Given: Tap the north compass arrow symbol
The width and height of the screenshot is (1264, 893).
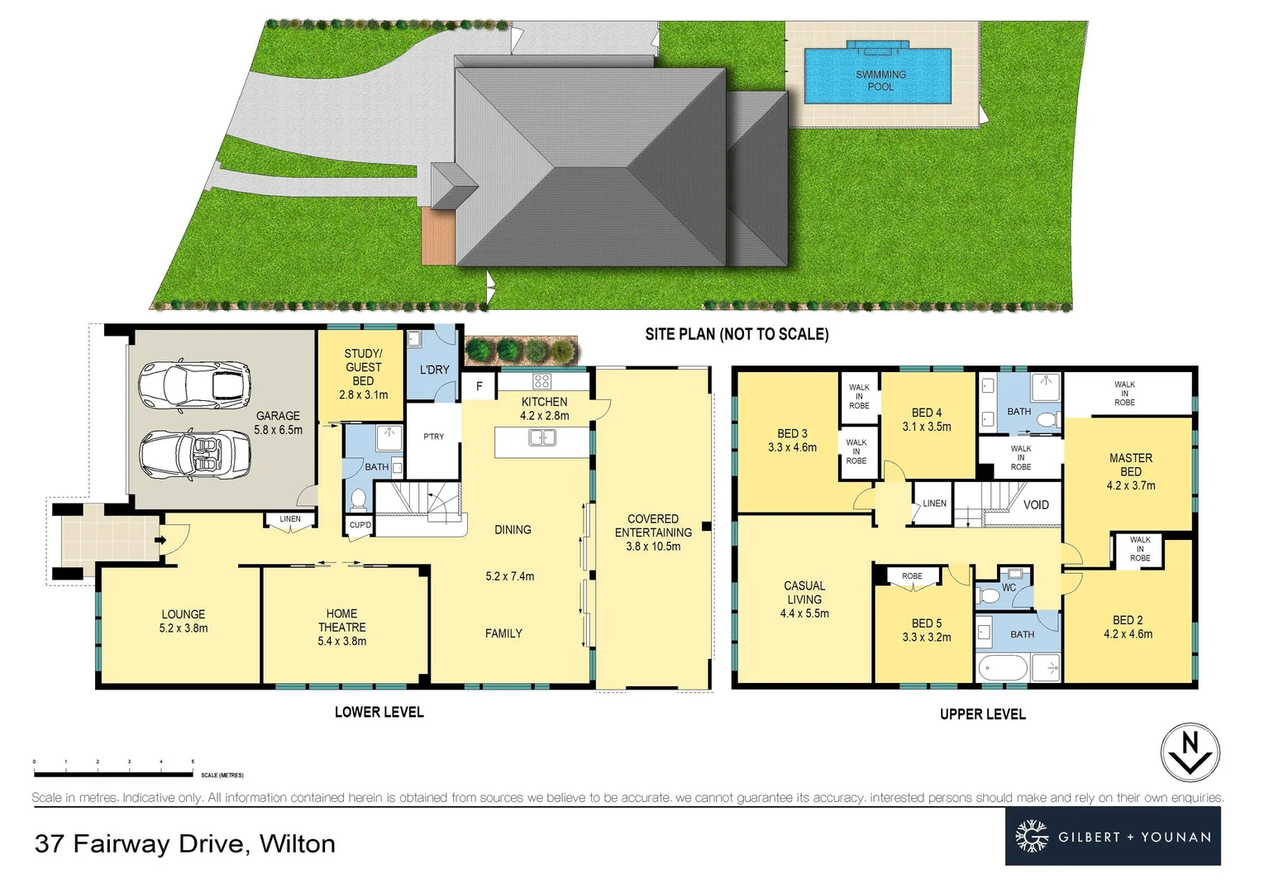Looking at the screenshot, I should pyautogui.click(x=1190, y=753).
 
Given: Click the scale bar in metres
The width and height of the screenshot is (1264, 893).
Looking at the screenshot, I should pyautogui.click(x=113, y=772).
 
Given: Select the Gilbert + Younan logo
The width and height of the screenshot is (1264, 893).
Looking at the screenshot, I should pyautogui.click(x=1112, y=837).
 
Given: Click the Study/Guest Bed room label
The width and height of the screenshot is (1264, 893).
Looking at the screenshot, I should pyautogui.click(x=363, y=374).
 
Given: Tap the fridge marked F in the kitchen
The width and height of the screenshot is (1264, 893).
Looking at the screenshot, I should pyautogui.click(x=479, y=386).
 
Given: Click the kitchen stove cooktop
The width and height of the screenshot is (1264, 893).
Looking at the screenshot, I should pyautogui.click(x=541, y=381).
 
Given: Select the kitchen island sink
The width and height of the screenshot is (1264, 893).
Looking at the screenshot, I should pyautogui.click(x=542, y=437).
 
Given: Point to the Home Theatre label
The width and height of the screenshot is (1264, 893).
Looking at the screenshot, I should pyautogui.click(x=341, y=627).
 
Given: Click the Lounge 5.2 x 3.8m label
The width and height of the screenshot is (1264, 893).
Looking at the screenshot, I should pyautogui.click(x=184, y=621).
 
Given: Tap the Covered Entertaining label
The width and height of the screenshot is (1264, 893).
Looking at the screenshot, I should pyautogui.click(x=653, y=532).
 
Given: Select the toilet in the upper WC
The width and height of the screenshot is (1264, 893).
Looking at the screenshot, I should pyautogui.click(x=988, y=595).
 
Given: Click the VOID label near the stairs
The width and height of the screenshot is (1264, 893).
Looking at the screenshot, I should pyautogui.click(x=1036, y=504).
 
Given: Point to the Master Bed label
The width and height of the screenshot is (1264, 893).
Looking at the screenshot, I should pyautogui.click(x=1130, y=471).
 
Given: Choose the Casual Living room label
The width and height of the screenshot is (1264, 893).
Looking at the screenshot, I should pyautogui.click(x=804, y=599).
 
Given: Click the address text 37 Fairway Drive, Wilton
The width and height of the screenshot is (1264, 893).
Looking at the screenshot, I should pyautogui.click(x=185, y=843).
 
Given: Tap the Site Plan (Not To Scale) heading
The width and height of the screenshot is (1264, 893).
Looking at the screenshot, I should pyautogui.click(x=737, y=334).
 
